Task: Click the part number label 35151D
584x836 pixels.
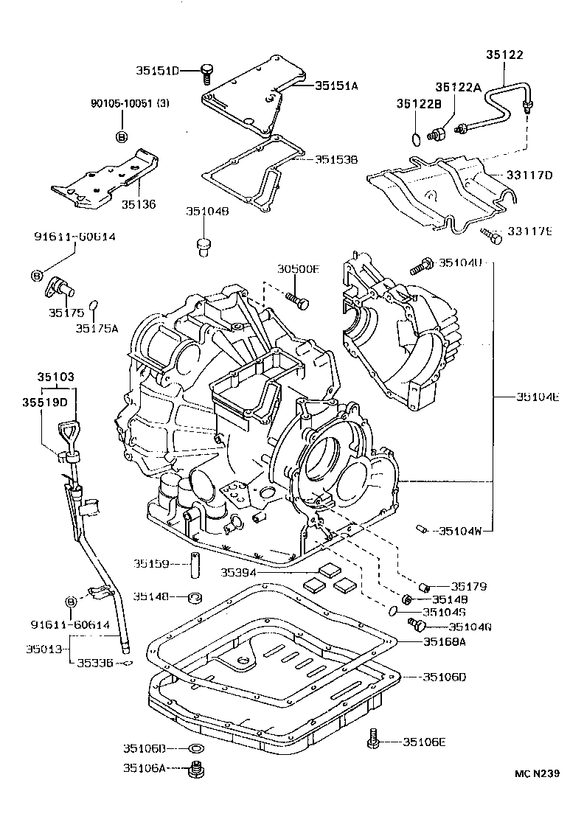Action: tap(157, 71)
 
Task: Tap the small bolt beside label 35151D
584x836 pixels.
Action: tap(207, 72)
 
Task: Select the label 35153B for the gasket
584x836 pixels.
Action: tap(336, 159)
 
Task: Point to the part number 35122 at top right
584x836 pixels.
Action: tap(505, 54)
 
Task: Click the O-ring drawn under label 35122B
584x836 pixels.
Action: tap(417, 138)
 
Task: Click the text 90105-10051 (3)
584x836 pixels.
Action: tap(121, 104)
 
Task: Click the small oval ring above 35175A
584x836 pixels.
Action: tap(94, 304)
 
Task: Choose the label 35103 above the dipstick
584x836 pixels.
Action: tap(56, 377)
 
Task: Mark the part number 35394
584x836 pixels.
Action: tap(240, 571)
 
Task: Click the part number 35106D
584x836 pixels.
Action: tap(446, 677)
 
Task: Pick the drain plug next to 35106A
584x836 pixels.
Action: tap(196, 770)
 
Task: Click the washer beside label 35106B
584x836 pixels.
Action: tap(196, 749)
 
